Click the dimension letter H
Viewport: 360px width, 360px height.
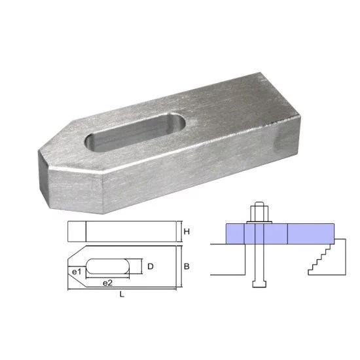click(x=187, y=232)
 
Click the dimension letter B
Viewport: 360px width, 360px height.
click(x=187, y=267)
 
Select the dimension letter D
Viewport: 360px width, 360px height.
click(x=150, y=266)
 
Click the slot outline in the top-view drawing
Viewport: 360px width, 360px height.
click(x=108, y=267)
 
